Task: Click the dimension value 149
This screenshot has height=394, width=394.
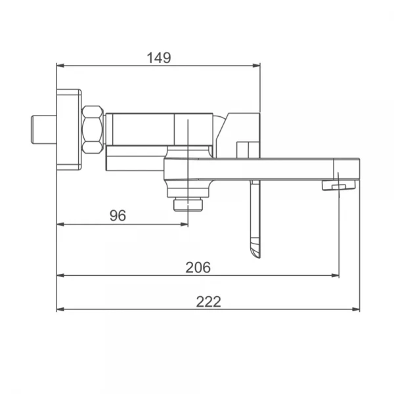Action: coord(159,58)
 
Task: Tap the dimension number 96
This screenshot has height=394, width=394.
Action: coord(118,215)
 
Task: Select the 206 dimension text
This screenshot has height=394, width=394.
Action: coord(198,267)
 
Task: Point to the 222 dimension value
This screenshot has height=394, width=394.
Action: coord(209,302)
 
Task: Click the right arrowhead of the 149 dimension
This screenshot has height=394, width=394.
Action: coord(256,66)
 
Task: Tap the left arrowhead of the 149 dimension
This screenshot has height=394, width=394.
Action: coord(60,66)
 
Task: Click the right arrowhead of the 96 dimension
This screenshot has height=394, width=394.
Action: coord(184,224)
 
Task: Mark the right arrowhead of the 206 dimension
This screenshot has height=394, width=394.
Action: coord(335,275)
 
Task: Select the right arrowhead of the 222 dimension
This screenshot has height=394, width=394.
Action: coord(356,309)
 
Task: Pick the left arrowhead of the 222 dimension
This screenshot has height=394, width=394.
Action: coord(60,309)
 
